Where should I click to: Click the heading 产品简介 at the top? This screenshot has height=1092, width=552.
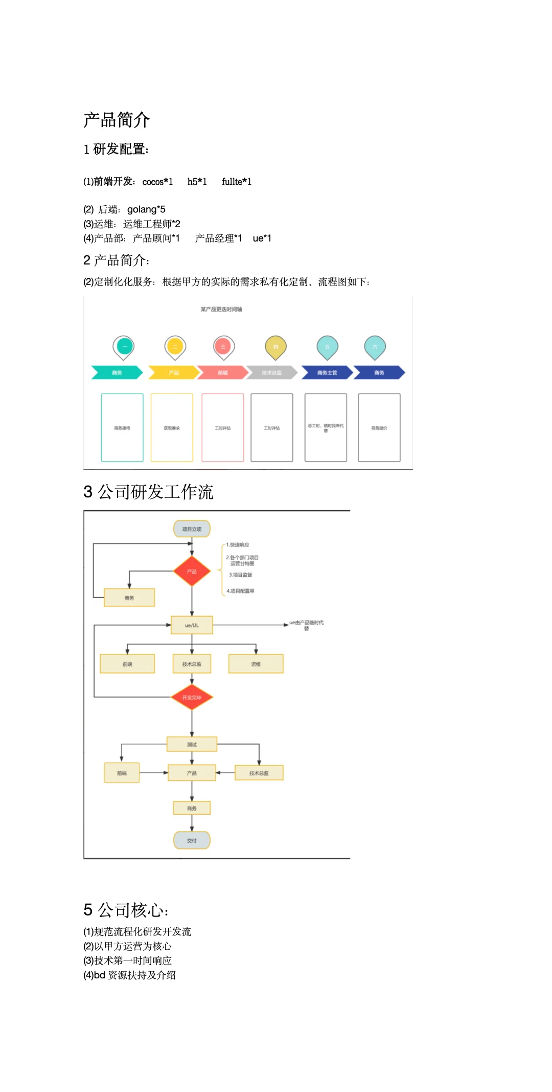point(117,120)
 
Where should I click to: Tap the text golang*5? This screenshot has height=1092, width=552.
point(146,209)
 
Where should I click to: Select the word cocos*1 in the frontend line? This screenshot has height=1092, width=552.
point(157,182)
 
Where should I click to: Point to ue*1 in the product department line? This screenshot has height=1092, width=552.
point(262,238)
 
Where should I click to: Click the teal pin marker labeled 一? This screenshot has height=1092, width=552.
point(124,346)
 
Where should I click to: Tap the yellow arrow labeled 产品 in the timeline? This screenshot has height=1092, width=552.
point(173,373)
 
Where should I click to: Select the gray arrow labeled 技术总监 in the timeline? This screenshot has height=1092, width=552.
point(271,373)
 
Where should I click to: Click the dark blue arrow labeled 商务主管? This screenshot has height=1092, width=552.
point(327,373)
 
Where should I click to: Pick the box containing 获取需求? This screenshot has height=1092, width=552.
point(172,428)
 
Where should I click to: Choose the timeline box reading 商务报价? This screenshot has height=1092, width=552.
point(379,428)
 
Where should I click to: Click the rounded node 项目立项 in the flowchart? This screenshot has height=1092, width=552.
point(192,529)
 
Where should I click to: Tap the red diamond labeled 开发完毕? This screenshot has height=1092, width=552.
point(192,697)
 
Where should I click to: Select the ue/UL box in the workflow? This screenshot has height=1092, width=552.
point(192,625)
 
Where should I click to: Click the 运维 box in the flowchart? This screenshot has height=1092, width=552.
point(256,664)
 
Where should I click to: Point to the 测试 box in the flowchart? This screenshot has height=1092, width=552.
point(192,744)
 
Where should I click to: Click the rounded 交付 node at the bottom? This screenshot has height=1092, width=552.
point(192,840)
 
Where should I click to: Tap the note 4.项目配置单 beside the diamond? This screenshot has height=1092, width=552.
point(240,591)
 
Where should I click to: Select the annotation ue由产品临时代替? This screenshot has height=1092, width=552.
point(306,625)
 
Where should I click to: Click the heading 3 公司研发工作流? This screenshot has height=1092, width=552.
point(148,492)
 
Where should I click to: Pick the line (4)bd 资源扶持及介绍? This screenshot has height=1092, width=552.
point(130,975)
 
